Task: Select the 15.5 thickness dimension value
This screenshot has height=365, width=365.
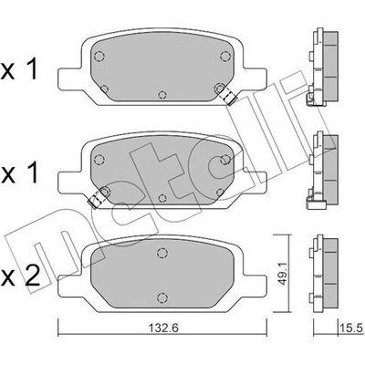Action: click(352, 328)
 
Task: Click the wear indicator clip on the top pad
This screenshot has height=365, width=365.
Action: click(227, 95)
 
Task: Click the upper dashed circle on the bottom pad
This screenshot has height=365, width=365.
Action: click(162, 253)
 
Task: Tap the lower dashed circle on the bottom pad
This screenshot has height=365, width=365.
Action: click(162, 297)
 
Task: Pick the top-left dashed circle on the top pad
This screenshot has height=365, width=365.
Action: click(99, 57)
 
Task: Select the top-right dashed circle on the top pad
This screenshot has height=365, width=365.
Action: click(225, 57)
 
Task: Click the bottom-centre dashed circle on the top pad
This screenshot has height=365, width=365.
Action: click(162, 95)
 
